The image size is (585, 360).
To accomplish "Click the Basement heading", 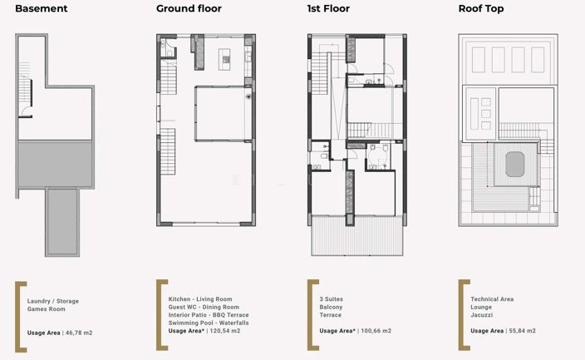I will (42, 10).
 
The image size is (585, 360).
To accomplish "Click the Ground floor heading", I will (188, 10).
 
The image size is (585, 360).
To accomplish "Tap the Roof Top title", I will (481, 10).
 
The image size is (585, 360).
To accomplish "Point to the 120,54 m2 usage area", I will (224, 331).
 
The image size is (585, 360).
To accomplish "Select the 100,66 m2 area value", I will (376, 331).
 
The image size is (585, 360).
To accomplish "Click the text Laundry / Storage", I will (54, 300).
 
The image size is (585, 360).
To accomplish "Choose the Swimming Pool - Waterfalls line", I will (208, 323).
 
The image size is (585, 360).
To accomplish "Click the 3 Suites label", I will (332, 298).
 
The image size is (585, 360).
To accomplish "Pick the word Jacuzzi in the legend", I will (482, 314).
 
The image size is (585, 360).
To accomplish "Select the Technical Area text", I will (492, 298).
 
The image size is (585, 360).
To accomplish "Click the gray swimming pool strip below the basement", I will (61, 221).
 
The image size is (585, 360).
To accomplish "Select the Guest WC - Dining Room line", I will (209, 307).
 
